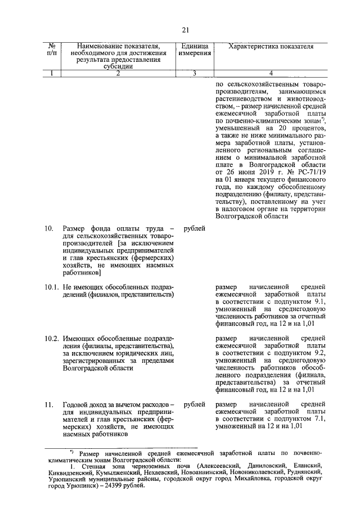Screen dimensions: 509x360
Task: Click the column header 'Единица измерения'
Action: [x=195, y=49]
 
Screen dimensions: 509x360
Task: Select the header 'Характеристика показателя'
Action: [x=271, y=46]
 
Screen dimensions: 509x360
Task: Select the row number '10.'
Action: [x=49, y=228]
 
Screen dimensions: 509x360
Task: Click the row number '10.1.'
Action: [x=51, y=287]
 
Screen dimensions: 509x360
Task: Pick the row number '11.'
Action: [x=49, y=404]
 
